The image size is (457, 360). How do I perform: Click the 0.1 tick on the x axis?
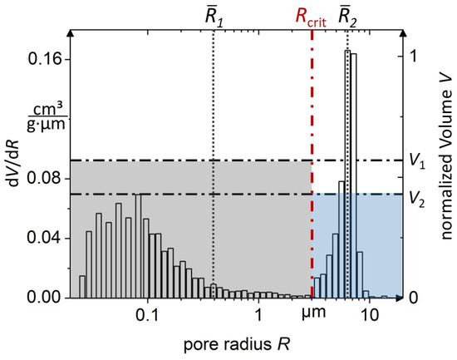point(148,316)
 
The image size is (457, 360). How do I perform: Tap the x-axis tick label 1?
point(259,316)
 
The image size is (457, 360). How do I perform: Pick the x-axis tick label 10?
point(371,316)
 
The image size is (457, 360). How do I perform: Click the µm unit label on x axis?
point(314,316)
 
